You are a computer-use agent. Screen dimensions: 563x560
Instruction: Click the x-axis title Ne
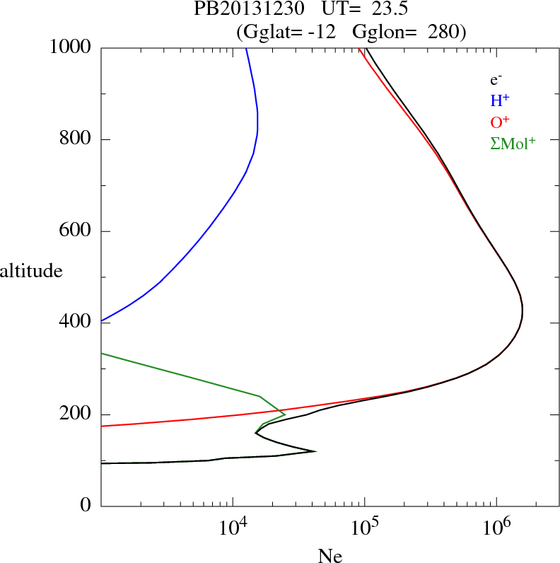click(330, 555)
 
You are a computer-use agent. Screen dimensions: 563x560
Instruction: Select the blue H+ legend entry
click(500, 102)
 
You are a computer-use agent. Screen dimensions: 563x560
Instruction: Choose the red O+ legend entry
click(500, 122)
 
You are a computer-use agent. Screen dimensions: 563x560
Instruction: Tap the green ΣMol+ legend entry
click(513, 143)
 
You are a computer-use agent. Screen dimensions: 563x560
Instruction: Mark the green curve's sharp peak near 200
click(285, 414)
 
